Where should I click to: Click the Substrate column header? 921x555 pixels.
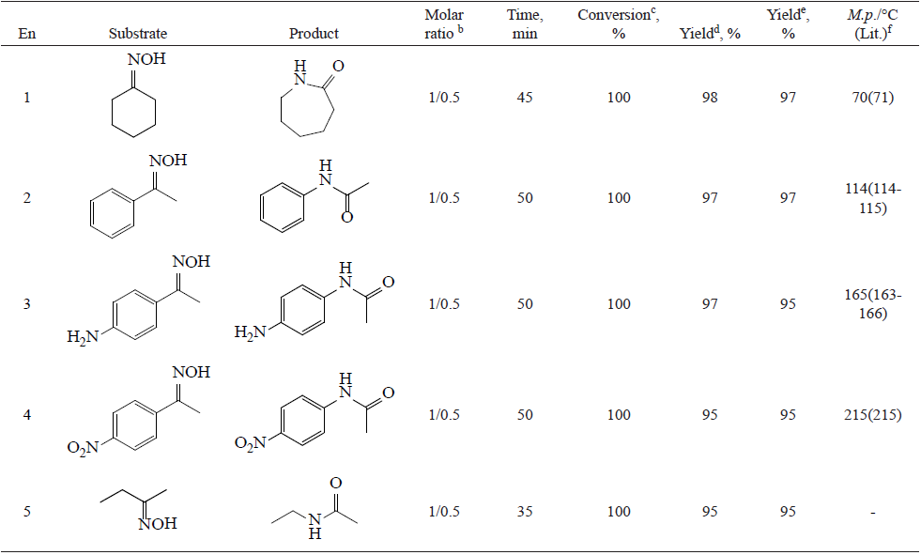point(137,34)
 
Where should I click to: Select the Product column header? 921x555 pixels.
point(314,34)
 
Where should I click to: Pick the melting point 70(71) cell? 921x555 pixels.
point(874,98)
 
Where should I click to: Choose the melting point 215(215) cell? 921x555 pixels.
point(874,415)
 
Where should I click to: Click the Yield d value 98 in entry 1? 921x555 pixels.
point(709,98)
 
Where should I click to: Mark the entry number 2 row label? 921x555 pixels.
point(26,198)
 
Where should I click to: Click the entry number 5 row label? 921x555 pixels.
point(26,512)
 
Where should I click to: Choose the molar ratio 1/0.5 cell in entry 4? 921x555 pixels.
point(444,415)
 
